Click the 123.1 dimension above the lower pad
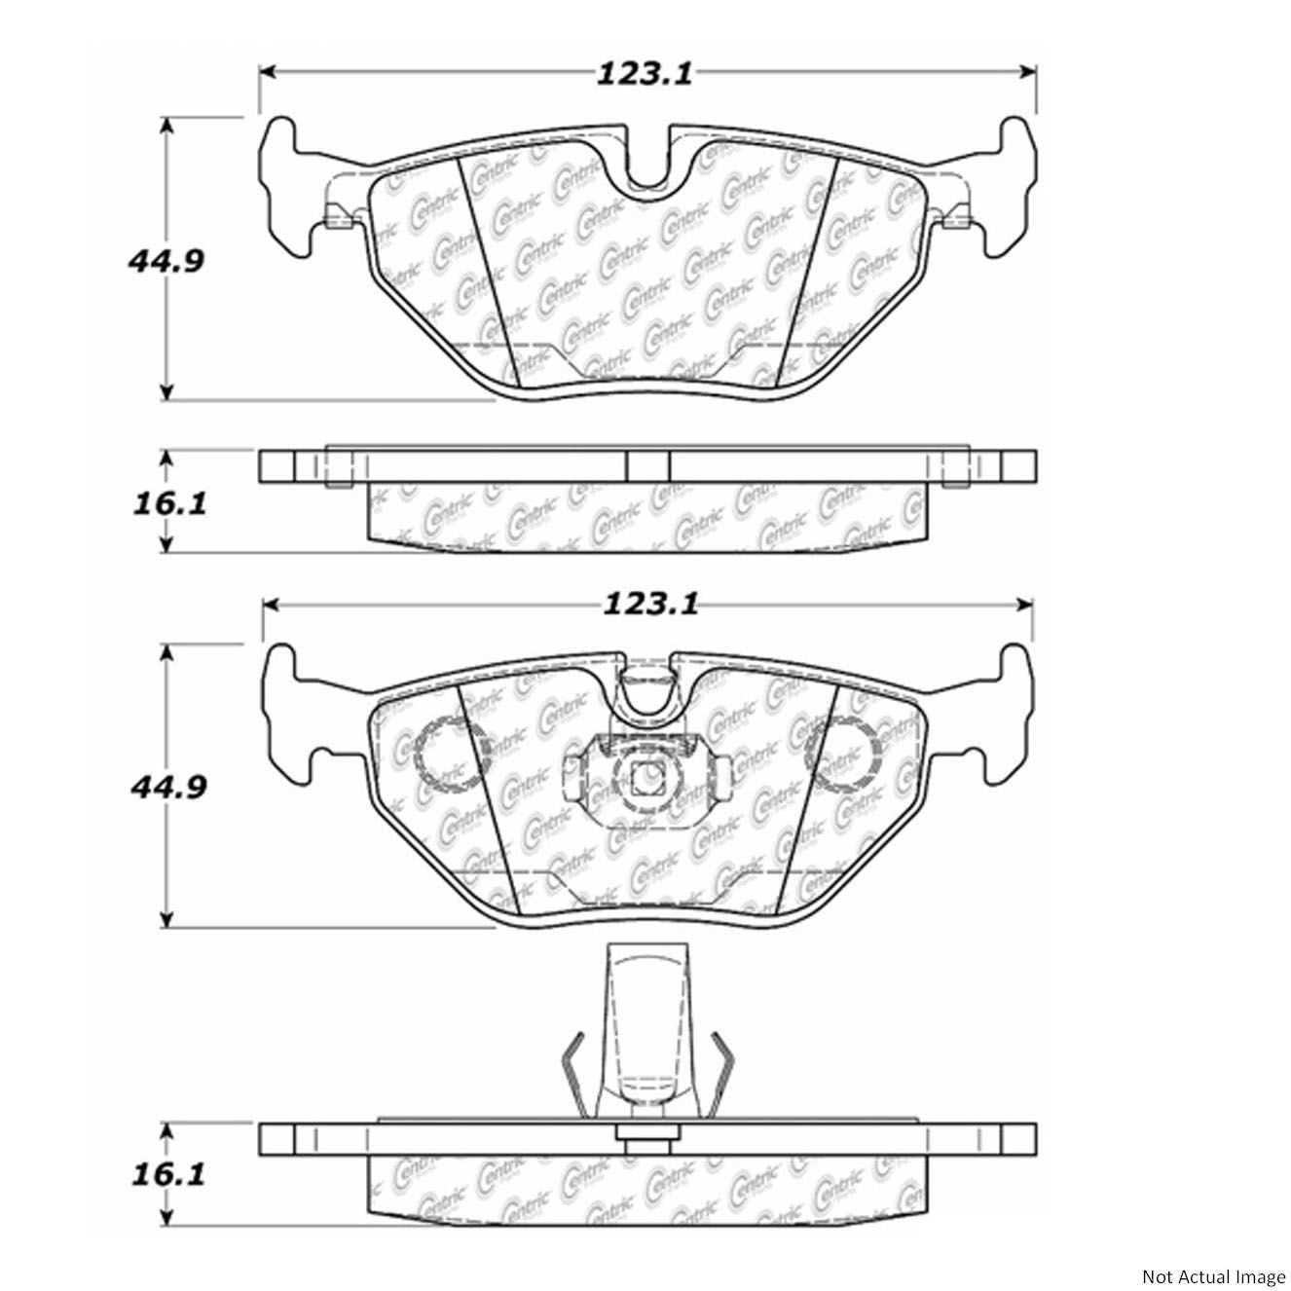[650, 604]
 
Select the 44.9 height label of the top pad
[165, 261]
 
